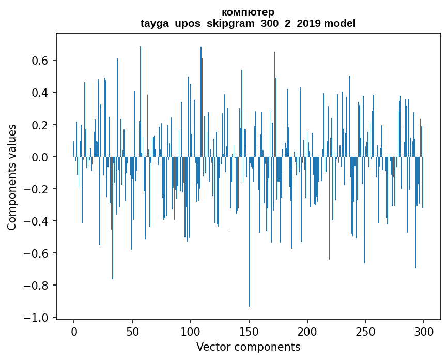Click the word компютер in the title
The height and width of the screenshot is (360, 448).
tap(248, 12)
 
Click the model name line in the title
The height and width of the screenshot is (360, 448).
tap(248, 23)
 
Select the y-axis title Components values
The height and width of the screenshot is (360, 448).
tap(12, 177)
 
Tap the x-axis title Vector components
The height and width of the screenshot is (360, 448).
tap(248, 347)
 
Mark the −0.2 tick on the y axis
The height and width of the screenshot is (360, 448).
tap(37, 189)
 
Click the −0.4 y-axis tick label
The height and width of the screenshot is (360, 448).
tap(37, 221)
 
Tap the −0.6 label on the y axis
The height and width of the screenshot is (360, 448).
tap(37, 253)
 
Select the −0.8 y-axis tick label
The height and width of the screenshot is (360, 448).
tap(37, 286)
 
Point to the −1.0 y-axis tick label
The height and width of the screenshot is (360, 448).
tap(37, 318)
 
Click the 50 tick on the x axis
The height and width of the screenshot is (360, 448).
tap(132, 331)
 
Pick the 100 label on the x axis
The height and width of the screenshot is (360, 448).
tap(191, 331)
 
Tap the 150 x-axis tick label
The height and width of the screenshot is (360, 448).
tap(249, 331)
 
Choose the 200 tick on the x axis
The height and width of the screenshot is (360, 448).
tap(307, 331)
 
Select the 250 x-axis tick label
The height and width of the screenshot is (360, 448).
tap(366, 331)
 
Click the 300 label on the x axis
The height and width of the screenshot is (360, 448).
tap(424, 331)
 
